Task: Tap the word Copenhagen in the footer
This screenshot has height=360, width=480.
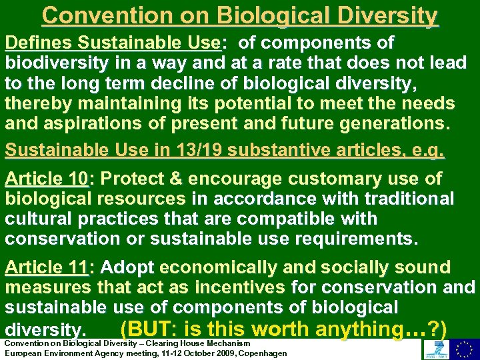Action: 261,353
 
